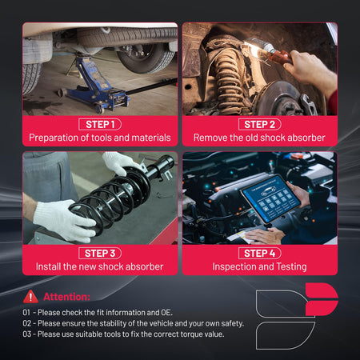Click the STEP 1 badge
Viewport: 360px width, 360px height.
pyautogui.click(x=100, y=124)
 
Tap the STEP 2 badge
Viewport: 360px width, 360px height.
pyautogui.click(x=259, y=124)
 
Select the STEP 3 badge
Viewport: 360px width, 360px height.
pyautogui.click(x=100, y=253)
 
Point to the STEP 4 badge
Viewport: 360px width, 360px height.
pyautogui.click(x=259, y=253)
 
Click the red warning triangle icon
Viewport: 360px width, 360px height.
pyautogui.click(x=30, y=297)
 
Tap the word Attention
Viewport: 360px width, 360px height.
pyautogui.click(x=66, y=297)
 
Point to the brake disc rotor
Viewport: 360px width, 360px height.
pyautogui.click(x=280, y=98)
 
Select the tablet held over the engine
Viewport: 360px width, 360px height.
pyautogui.click(x=270, y=198)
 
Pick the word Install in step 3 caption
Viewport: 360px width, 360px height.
pyautogui.click(x=48, y=266)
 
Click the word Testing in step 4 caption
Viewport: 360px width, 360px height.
pyautogui.click(x=291, y=266)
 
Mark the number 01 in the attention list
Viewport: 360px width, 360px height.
pyautogui.click(x=26, y=313)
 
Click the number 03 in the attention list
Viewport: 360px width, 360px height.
pyautogui.click(x=27, y=334)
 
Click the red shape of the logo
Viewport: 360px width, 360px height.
pyautogui.click(x=321, y=299)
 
